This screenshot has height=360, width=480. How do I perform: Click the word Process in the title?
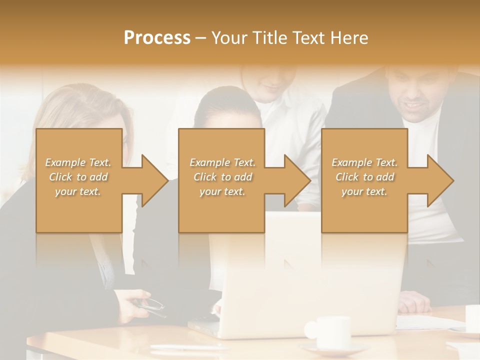point(157,38)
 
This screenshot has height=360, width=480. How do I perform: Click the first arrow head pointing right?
point(153,180)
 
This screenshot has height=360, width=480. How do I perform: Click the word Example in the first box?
point(65,162)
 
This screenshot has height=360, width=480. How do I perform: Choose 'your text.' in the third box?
point(364,191)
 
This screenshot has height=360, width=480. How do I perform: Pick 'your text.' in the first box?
point(78,191)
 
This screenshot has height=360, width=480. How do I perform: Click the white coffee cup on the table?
point(330,332)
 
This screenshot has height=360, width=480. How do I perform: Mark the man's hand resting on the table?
point(415,301)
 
